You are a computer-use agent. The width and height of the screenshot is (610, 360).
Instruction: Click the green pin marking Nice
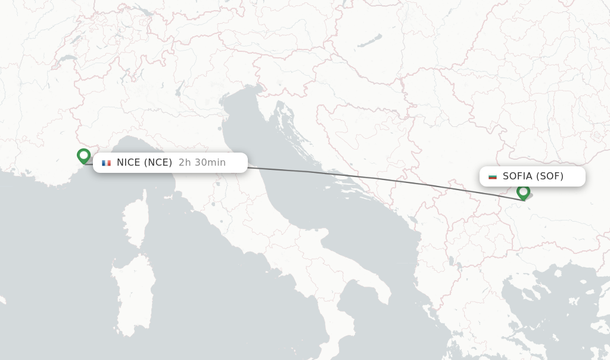(83, 156)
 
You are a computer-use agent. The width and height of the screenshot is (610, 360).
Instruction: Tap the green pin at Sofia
(523, 192)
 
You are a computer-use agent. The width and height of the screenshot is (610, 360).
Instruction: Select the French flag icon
(107, 163)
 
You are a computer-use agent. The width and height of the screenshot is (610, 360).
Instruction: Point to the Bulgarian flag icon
(493, 176)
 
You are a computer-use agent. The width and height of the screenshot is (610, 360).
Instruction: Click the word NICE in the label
(129, 163)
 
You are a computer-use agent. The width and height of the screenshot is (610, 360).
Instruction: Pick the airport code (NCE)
(158, 163)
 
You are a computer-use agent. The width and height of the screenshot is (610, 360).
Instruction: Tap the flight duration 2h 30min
(202, 163)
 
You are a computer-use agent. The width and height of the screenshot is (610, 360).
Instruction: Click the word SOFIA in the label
(517, 176)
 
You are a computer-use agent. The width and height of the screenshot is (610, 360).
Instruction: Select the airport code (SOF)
(549, 176)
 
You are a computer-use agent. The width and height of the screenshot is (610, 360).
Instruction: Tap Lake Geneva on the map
(67, 60)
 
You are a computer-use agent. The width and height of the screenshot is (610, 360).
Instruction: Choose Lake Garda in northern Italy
(178, 89)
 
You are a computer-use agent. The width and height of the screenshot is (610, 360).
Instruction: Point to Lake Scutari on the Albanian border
(412, 221)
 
